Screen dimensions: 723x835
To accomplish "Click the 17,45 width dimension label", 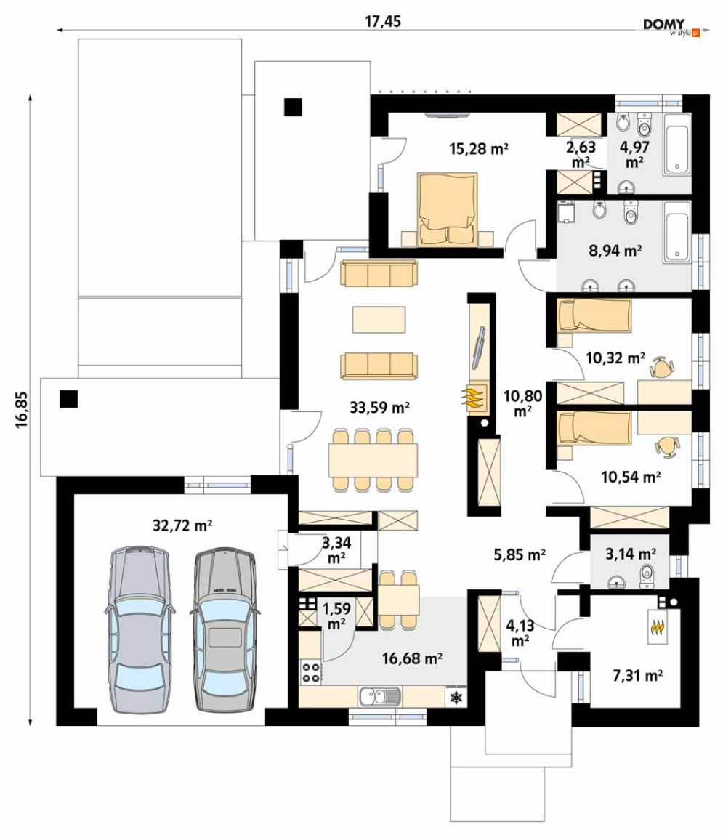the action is [x=383, y=21].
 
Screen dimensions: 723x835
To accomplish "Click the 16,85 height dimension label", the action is [x=21, y=411].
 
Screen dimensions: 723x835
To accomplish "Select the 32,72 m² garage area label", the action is [x=182, y=525].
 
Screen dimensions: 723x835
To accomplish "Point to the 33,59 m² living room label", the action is [x=379, y=408].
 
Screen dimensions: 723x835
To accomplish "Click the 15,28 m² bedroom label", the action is [x=479, y=148].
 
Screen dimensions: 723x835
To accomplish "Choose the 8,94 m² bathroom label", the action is [x=615, y=250].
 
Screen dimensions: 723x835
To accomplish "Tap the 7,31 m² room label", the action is [x=638, y=676].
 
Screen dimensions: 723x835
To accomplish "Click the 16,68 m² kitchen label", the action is [x=412, y=658].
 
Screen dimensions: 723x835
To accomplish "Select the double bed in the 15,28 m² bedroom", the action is [x=447, y=209].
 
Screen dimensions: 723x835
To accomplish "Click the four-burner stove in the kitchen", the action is [x=311, y=672].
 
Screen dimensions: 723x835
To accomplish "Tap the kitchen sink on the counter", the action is [x=380, y=696].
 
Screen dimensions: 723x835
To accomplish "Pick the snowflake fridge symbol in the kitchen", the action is [x=456, y=697].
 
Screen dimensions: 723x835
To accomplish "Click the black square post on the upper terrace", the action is [x=293, y=107].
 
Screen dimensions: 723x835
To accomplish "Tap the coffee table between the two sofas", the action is [x=379, y=320].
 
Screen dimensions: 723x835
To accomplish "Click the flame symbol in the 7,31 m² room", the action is [x=658, y=627].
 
